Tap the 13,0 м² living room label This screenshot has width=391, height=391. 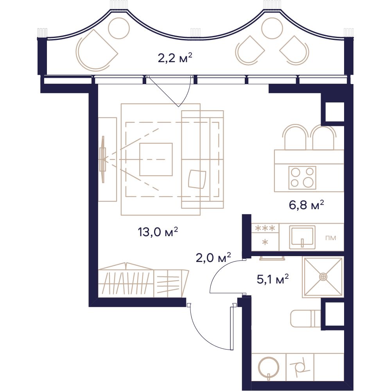[x=158, y=232]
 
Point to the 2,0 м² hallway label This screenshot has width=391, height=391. [x=213, y=258]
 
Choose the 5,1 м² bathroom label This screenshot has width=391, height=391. [x=273, y=279]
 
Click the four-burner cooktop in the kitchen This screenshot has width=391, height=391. [x=302, y=177]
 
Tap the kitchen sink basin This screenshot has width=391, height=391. [x=302, y=237]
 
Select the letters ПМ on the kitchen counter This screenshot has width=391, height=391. [x=331, y=238]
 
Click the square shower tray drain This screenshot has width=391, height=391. [x=323, y=276]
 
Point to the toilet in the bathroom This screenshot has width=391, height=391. [x=305, y=318]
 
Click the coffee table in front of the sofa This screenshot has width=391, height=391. [x=156, y=160]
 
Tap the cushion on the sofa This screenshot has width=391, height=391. [x=197, y=179]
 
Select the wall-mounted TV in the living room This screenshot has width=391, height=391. [x=103, y=160]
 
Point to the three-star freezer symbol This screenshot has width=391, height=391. [x=265, y=228]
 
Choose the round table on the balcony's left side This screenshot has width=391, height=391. [x=119, y=28]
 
